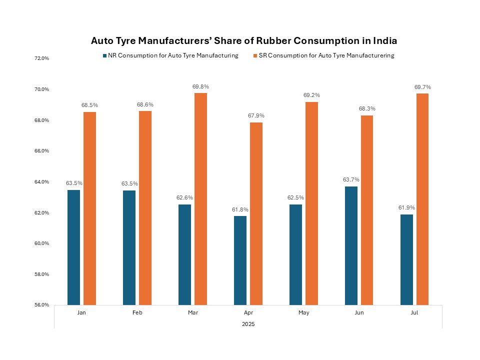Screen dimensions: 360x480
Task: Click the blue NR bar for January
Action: click(x=73, y=247)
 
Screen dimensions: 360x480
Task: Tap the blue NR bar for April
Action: click(x=240, y=260)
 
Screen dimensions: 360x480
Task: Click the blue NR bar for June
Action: click(x=351, y=245)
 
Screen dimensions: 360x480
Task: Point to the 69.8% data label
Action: click(x=200, y=87)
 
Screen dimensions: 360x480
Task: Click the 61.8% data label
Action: click(x=240, y=209)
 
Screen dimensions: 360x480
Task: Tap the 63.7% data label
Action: click(x=351, y=180)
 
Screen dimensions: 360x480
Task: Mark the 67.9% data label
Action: click(x=256, y=116)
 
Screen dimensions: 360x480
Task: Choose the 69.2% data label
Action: click(x=311, y=95)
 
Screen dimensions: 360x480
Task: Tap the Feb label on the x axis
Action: click(x=137, y=312)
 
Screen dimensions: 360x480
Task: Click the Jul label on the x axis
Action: click(x=414, y=312)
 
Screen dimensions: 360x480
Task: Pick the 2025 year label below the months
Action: click(x=248, y=324)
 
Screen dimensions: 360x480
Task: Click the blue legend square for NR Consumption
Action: click(x=104, y=56)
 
